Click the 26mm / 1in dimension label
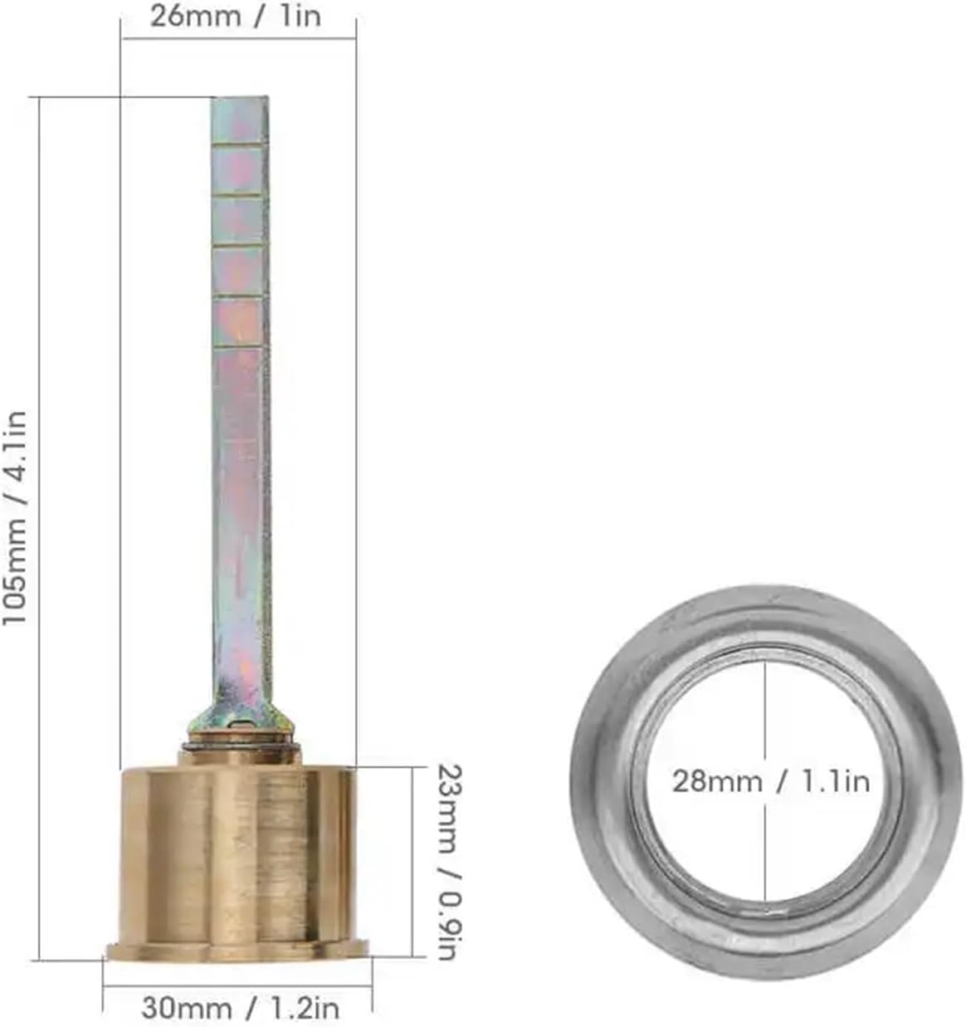click(x=235, y=17)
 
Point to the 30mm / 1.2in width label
click(x=240, y=1008)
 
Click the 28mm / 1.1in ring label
click(x=770, y=781)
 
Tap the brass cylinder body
click(x=239, y=855)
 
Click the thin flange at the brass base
click(x=237, y=951)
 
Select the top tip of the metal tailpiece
click(x=240, y=104)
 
